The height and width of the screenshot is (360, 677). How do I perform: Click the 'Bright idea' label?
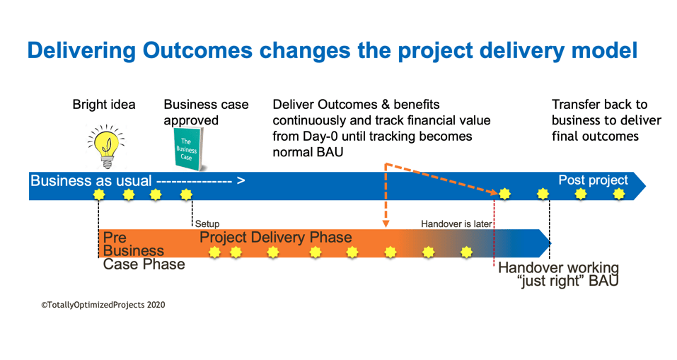click(104, 105)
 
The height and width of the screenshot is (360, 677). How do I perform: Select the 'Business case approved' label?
click(206, 112)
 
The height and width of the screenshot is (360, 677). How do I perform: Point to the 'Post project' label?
click(593, 180)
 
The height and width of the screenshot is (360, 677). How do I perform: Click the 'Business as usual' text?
click(91, 181)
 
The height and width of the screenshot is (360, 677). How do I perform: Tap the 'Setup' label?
click(207, 224)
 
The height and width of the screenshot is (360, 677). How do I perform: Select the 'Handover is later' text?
click(456, 224)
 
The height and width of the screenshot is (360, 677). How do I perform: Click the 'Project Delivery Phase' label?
click(275, 238)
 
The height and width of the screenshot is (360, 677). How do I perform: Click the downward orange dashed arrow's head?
click(386, 223)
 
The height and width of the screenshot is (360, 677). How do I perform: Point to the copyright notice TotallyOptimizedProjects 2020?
click(103, 305)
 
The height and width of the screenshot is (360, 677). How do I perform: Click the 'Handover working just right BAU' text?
click(558, 274)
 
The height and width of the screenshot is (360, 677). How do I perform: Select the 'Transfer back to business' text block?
click(606, 120)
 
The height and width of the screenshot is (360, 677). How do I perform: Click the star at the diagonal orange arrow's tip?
click(504, 193)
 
